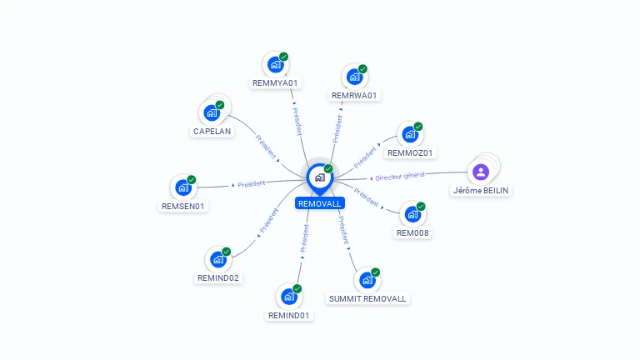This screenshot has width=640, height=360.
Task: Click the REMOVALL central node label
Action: (319, 203)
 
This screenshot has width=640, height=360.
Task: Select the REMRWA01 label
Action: (354, 95)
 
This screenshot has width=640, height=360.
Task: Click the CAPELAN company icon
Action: (212, 112)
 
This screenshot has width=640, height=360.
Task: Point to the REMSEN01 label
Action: (183, 206)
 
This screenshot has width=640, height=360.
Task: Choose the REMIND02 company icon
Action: (217, 258)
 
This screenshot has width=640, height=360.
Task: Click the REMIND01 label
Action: (289, 315)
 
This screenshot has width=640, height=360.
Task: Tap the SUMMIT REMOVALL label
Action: (367, 298)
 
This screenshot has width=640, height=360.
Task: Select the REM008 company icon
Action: (412, 214)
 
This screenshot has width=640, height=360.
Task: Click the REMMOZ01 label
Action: (411, 152)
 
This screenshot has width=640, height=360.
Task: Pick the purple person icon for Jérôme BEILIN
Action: (481, 172)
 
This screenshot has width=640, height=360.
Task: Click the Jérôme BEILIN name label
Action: (481, 190)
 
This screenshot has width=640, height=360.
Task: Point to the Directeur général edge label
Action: (400, 176)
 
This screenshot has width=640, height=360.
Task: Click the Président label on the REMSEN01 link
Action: (252, 184)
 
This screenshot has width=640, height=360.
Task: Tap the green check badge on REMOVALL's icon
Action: (328, 169)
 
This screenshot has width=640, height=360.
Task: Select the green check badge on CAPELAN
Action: (221, 106)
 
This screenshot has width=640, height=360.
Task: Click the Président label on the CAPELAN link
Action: (266, 145)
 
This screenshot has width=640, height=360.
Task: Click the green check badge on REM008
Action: (421, 207)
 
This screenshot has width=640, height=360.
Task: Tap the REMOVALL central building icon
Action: (319, 177)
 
